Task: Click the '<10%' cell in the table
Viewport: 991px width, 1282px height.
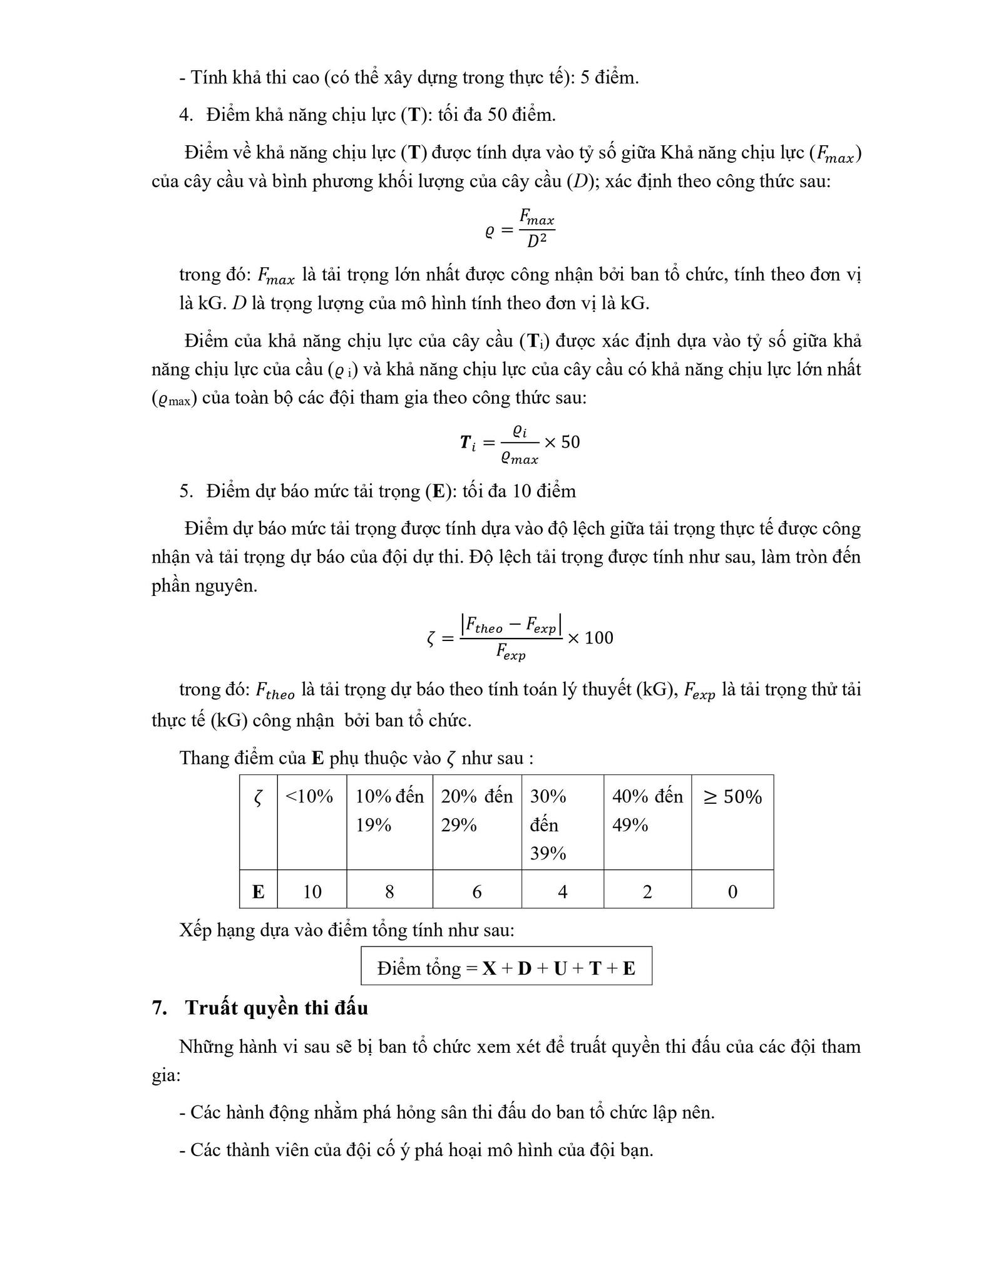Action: click(309, 797)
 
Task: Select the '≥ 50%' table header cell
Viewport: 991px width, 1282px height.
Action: click(732, 797)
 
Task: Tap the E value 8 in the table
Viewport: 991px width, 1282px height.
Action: click(389, 891)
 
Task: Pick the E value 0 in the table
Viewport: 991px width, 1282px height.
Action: click(732, 891)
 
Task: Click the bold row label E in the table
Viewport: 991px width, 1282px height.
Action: click(258, 891)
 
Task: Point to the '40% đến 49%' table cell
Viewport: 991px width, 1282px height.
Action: click(647, 811)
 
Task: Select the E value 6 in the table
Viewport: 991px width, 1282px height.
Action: click(476, 891)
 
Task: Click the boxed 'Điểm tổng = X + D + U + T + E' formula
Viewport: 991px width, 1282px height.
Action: click(506, 968)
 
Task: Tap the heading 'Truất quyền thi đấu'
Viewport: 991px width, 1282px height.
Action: click(276, 1008)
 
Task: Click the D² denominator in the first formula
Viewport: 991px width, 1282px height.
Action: click(537, 241)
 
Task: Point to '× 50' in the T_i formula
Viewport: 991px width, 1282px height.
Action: click(562, 443)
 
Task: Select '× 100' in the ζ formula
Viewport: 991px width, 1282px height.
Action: click(590, 638)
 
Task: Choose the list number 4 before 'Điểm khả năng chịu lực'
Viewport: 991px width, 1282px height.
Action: click(185, 115)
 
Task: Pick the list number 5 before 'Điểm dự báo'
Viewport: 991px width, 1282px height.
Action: click(185, 491)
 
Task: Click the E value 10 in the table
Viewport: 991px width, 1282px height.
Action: click(312, 891)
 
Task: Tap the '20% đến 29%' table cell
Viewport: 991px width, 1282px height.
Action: click(476, 811)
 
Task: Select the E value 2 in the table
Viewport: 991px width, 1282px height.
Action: click(647, 891)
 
